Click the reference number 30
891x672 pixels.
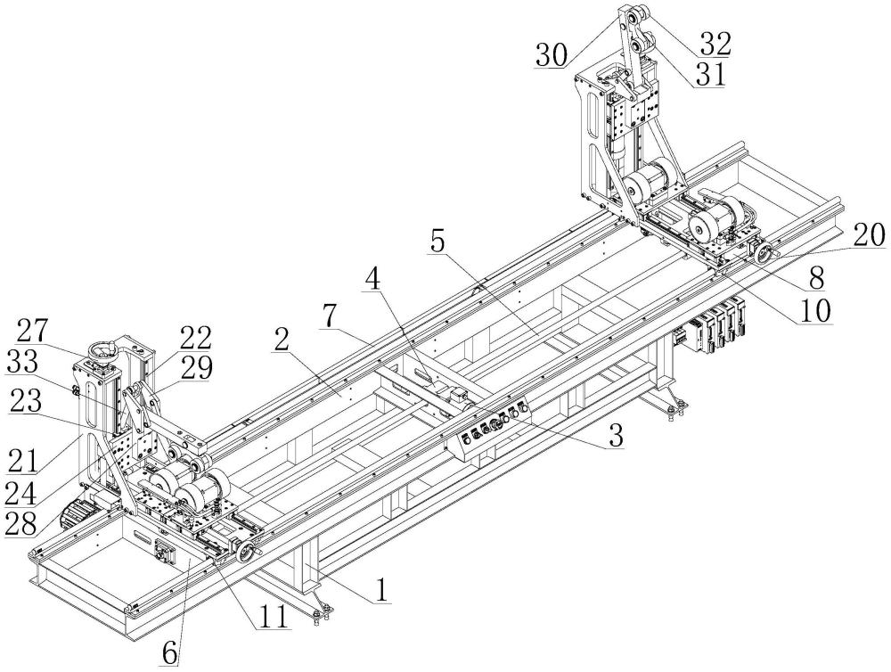[x=552, y=55]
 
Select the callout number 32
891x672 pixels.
[x=715, y=42]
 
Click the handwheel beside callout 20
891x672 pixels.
[x=764, y=255]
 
